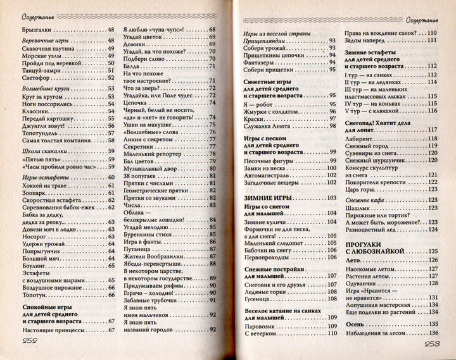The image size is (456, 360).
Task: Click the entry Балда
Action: [x=131, y=65]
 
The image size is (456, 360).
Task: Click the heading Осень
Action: [x=355, y=324]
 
